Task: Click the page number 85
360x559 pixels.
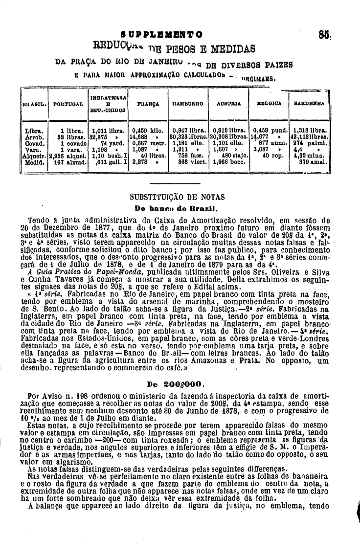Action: (x=321, y=35)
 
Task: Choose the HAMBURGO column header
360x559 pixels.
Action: (x=187, y=104)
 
